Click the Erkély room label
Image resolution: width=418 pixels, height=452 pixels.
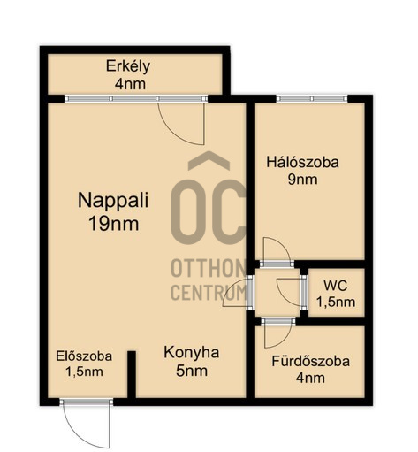128,66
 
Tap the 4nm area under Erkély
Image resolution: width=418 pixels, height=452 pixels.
130,84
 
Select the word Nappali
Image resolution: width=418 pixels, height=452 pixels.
113,201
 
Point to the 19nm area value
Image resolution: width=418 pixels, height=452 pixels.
113,224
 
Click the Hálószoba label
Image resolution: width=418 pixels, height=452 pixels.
302,163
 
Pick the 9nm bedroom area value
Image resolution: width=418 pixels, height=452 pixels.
303,180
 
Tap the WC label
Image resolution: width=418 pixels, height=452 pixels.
335,286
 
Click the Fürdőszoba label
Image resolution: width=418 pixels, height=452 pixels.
310,361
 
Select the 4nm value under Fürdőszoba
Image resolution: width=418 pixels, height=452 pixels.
310,378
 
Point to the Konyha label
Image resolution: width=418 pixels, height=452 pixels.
192,352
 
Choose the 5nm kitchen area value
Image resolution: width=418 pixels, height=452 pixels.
192,371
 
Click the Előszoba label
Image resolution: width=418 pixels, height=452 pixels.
84,356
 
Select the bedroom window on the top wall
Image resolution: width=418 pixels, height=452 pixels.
312,98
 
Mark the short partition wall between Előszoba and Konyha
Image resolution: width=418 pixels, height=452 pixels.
132,375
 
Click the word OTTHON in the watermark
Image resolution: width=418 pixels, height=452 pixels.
209,268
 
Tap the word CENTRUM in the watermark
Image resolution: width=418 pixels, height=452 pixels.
209,292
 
